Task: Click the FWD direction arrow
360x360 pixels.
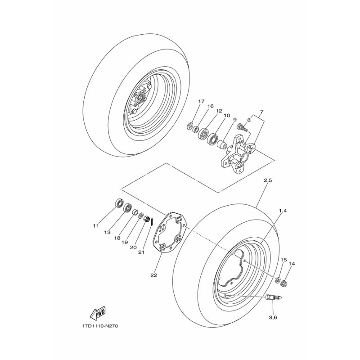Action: click(97, 313)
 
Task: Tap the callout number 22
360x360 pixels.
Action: click(154, 275)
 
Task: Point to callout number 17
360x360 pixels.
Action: click(201, 101)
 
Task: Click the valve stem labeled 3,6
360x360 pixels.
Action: click(274, 298)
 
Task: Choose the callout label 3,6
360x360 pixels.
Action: click(274, 317)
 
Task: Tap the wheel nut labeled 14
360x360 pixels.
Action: click(284, 284)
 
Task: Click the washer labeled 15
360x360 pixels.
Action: click(278, 280)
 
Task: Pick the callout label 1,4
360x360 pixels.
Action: click(283, 211)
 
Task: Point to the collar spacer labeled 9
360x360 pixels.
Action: click(222, 144)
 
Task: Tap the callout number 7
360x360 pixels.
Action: click(261, 112)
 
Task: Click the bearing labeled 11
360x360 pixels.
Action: click(119, 203)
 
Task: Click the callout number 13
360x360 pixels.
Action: click(107, 232)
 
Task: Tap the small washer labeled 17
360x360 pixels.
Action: click(190, 126)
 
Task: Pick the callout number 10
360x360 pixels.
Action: click(227, 116)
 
